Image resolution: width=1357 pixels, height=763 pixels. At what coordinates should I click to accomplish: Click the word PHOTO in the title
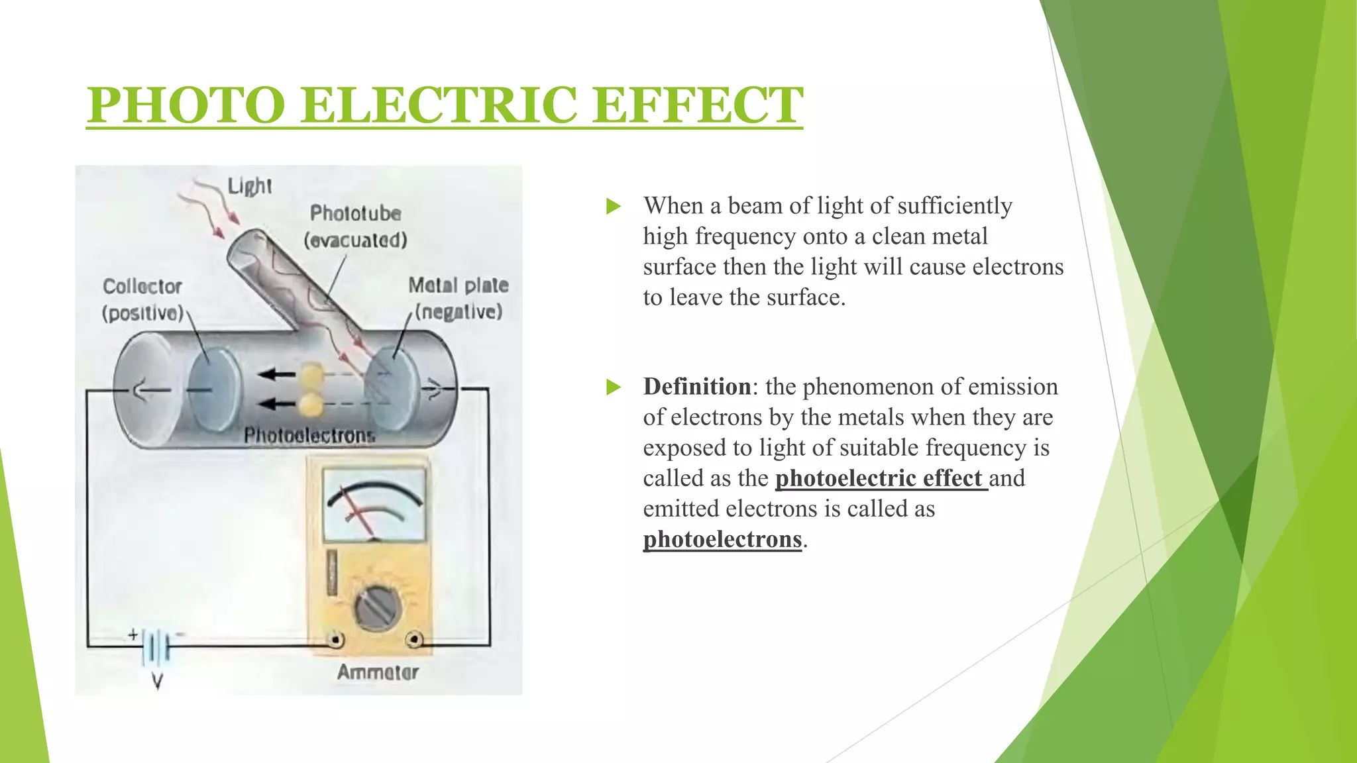pyautogui.click(x=186, y=105)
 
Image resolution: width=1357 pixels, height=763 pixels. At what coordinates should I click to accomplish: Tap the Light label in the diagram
pyautogui.click(x=249, y=186)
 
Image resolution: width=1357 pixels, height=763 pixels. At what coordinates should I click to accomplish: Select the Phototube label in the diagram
pyautogui.click(x=356, y=213)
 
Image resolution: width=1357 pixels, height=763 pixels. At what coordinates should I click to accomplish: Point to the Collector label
pyautogui.click(x=142, y=286)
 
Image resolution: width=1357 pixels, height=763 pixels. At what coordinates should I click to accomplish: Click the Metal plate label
pyautogui.click(x=458, y=285)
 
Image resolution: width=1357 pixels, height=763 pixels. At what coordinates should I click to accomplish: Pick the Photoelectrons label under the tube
pyautogui.click(x=309, y=435)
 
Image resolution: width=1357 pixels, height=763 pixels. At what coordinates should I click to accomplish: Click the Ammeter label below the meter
pyautogui.click(x=378, y=672)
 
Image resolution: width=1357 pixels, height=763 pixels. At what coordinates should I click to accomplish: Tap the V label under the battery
pyautogui.click(x=157, y=682)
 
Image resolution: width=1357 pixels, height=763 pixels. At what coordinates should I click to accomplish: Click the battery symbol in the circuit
pyautogui.click(x=156, y=644)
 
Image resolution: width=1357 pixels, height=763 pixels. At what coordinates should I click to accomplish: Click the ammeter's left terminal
pyautogui.click(x=336, y=640)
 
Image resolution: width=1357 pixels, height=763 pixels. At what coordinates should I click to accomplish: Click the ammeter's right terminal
pyautogui.click(x=415, y=640)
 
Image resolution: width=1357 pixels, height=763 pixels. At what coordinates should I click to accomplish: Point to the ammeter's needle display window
pyautogui.click(x=374, y=505)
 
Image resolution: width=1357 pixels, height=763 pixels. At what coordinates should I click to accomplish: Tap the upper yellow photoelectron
pyautogui.click(x=310, y=376)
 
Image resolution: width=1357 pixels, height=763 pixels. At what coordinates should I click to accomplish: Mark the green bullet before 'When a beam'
pyautogui.click(x=614, y=207)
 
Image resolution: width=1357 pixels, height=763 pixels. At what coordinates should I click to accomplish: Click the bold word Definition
pyautogui.click(x=697, y=386)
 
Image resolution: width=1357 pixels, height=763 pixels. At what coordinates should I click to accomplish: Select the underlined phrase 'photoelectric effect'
pyautogui.click(x=880, y=478)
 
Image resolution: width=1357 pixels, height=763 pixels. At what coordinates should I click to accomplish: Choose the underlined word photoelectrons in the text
pyautogui.click(x=722, y=538)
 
